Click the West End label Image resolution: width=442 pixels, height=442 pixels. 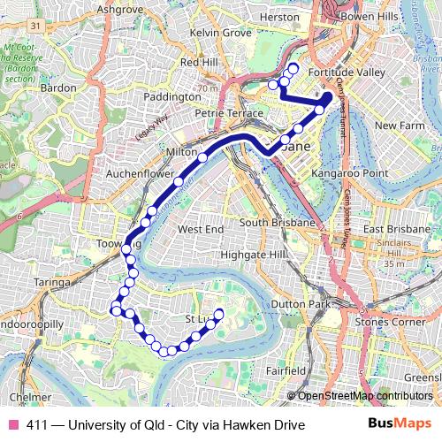tap(201, 229)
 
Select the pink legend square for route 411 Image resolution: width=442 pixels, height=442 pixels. tap(12, 425)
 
